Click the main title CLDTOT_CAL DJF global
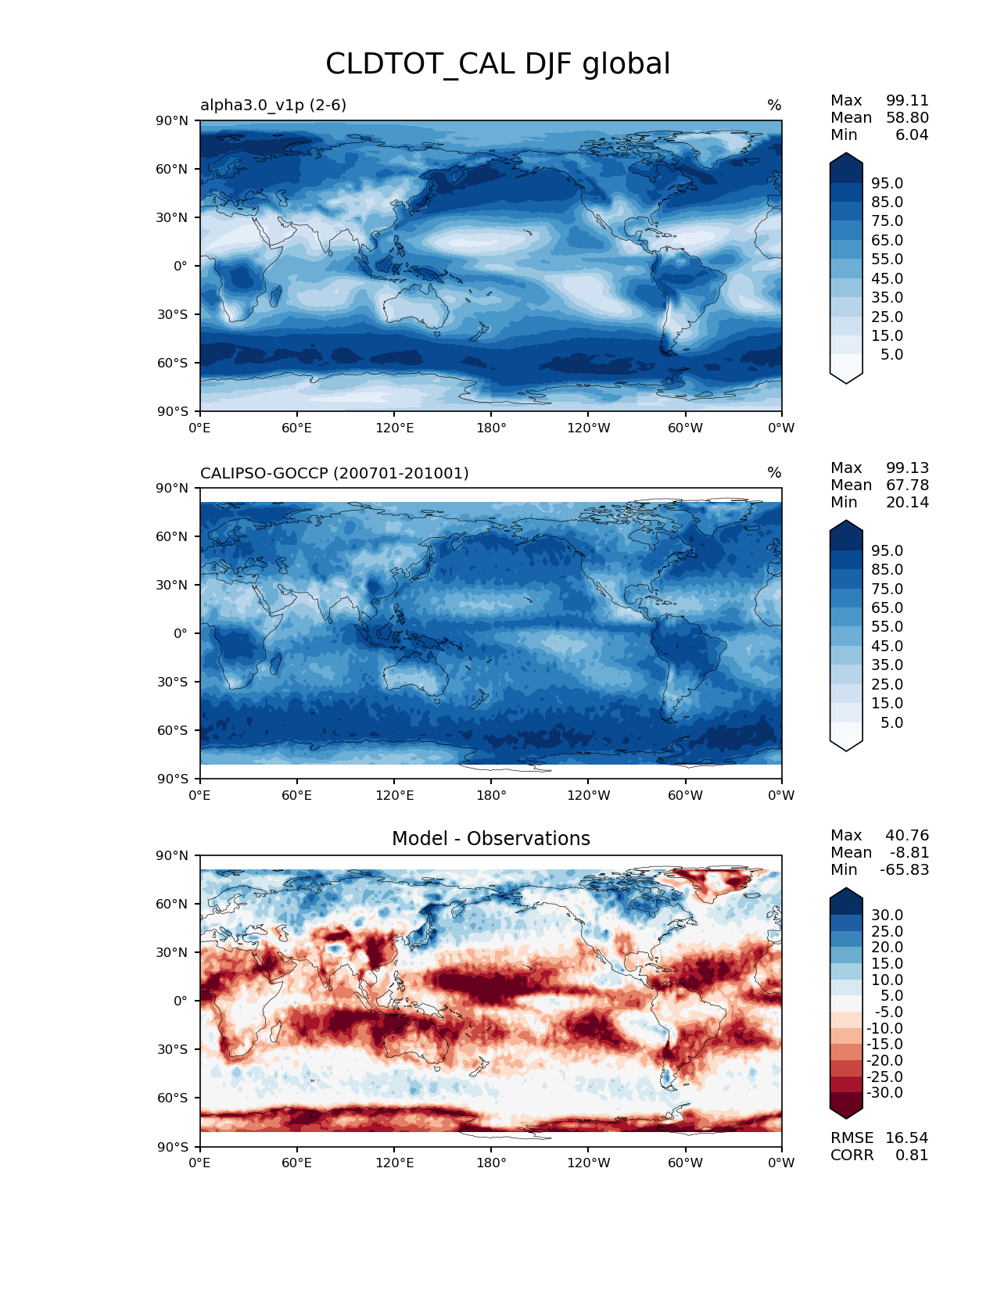pos(497,64)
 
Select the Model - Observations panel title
pos(490,839)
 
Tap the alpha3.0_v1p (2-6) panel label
pos(273,105)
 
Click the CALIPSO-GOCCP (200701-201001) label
pos(334,473)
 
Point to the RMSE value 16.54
pos(906,1138)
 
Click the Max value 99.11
pos(907,100)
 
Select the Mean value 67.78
pos(907,485)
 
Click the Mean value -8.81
pos(909,852)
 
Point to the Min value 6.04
pos(912,134)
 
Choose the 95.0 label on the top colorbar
pos(887,183)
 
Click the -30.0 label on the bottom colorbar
pos(884,1092)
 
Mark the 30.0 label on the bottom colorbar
pos(887,915)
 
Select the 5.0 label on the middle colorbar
pos(891,722)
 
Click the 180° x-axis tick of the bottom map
pos(491,1163)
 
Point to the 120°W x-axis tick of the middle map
pos(588,795)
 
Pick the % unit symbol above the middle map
pos(774,473)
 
